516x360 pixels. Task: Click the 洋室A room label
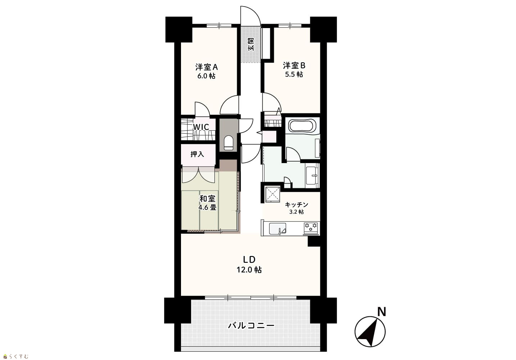[x=207, y=67]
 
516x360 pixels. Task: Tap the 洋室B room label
[x=294, y=66]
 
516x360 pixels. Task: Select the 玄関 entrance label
[x=251, y=45]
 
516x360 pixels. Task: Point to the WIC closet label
[x=201, y=127]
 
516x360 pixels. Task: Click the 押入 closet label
[x=197, y=154]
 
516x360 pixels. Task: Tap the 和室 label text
[x=208, y=198]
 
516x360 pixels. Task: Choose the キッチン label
[x=297, y=204]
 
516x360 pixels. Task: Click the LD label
[x=249, y=260]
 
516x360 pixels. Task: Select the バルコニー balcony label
[x=251, y=325]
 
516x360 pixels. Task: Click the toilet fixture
[x=228, y=143]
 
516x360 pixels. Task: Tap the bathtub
[x=301, y=126]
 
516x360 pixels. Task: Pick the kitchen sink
[x=277, y=229]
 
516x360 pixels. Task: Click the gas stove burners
[x=311, y=227]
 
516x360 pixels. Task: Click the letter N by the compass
[x=381, y=312]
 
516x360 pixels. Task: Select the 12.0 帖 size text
[x=249, y=270]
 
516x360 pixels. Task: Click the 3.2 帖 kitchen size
[x=297, y=212]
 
